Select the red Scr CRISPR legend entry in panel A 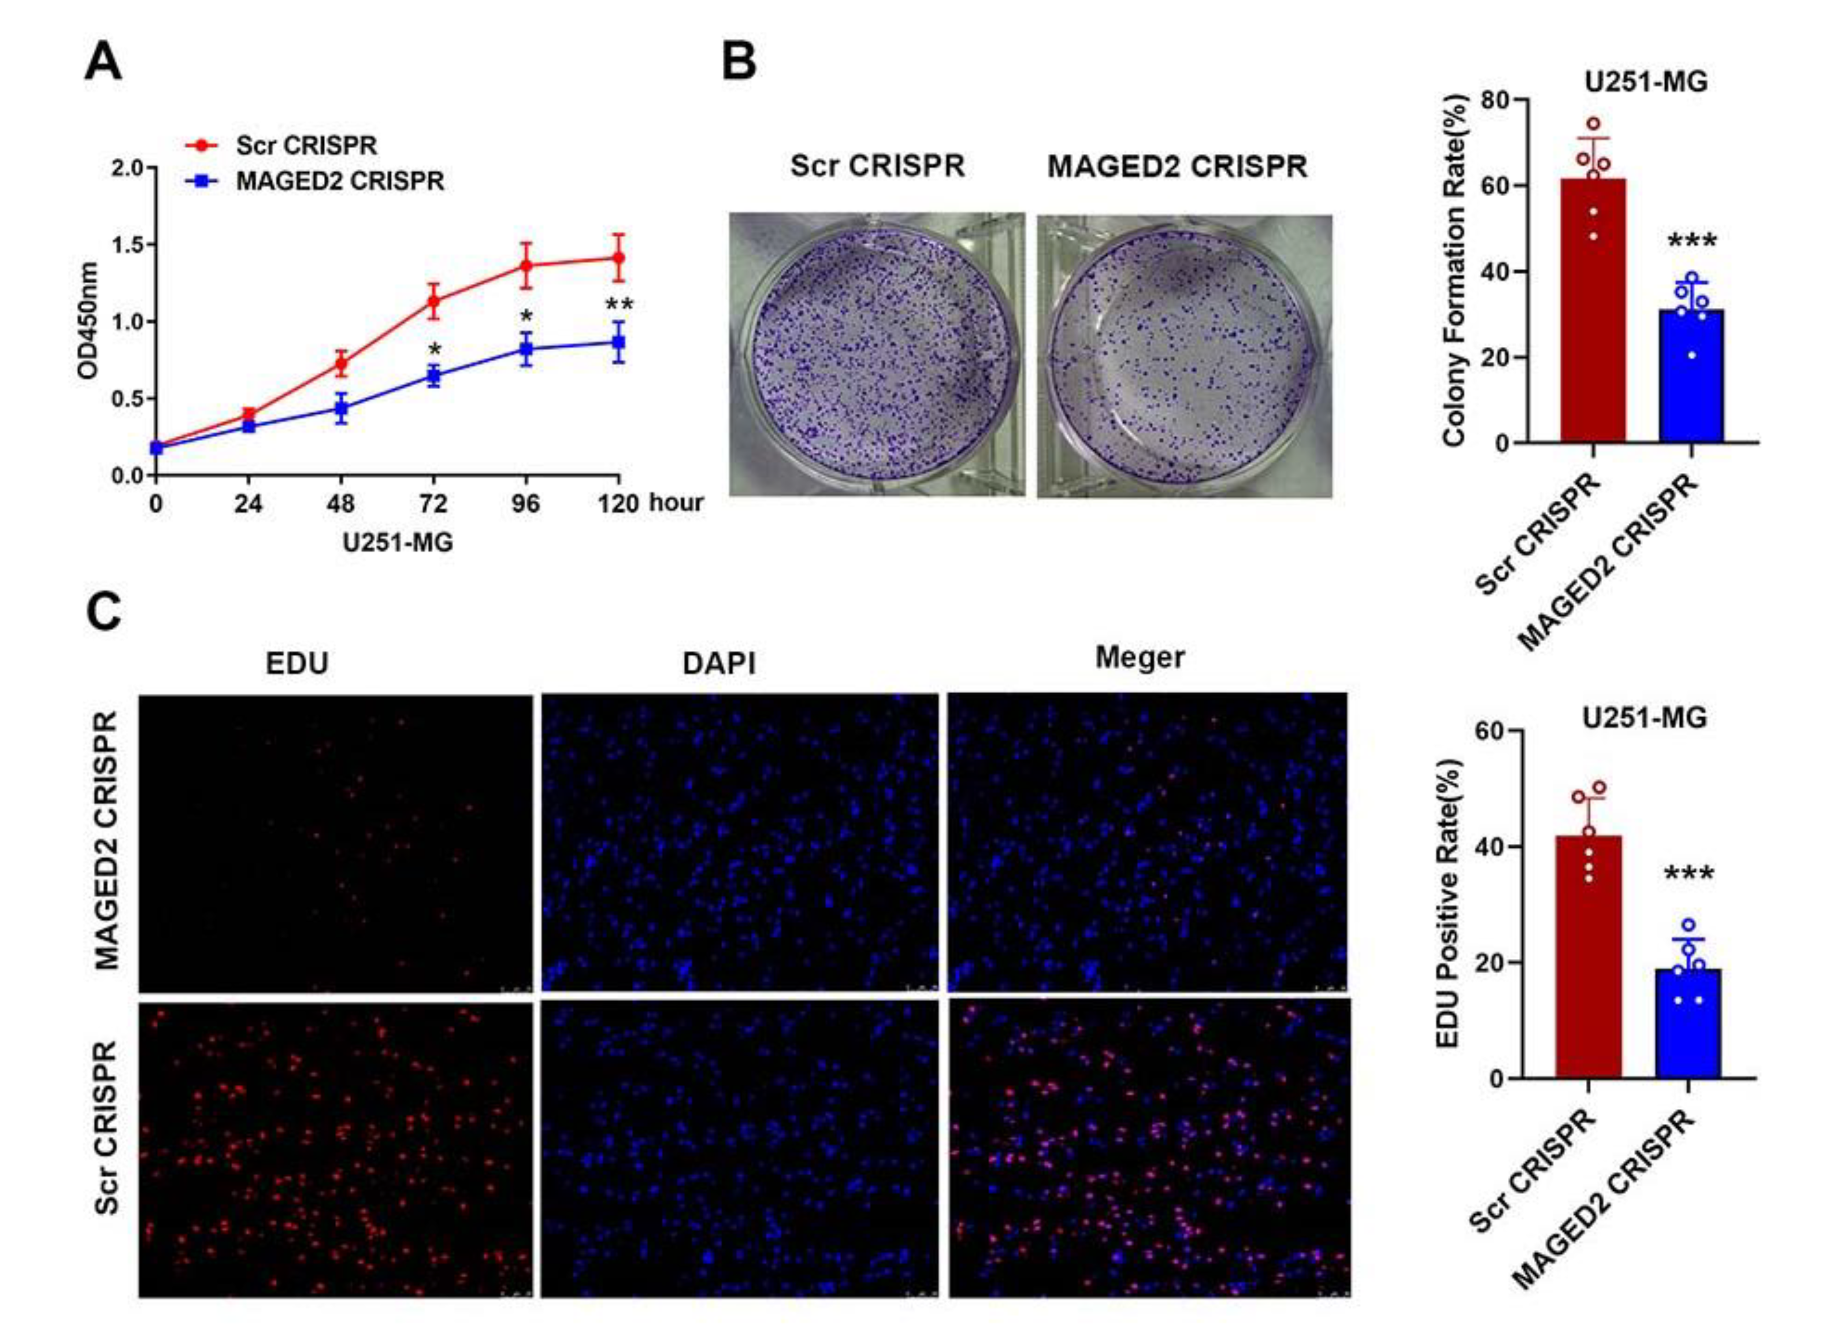(306, 146)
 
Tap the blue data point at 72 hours (433, 375)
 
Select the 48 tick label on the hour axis (341, 505)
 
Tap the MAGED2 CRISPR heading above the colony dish (1176, 167)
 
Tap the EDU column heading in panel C (297, 664)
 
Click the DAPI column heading (719, 664)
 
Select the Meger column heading (1139, 657)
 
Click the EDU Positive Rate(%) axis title (1449, 903)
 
